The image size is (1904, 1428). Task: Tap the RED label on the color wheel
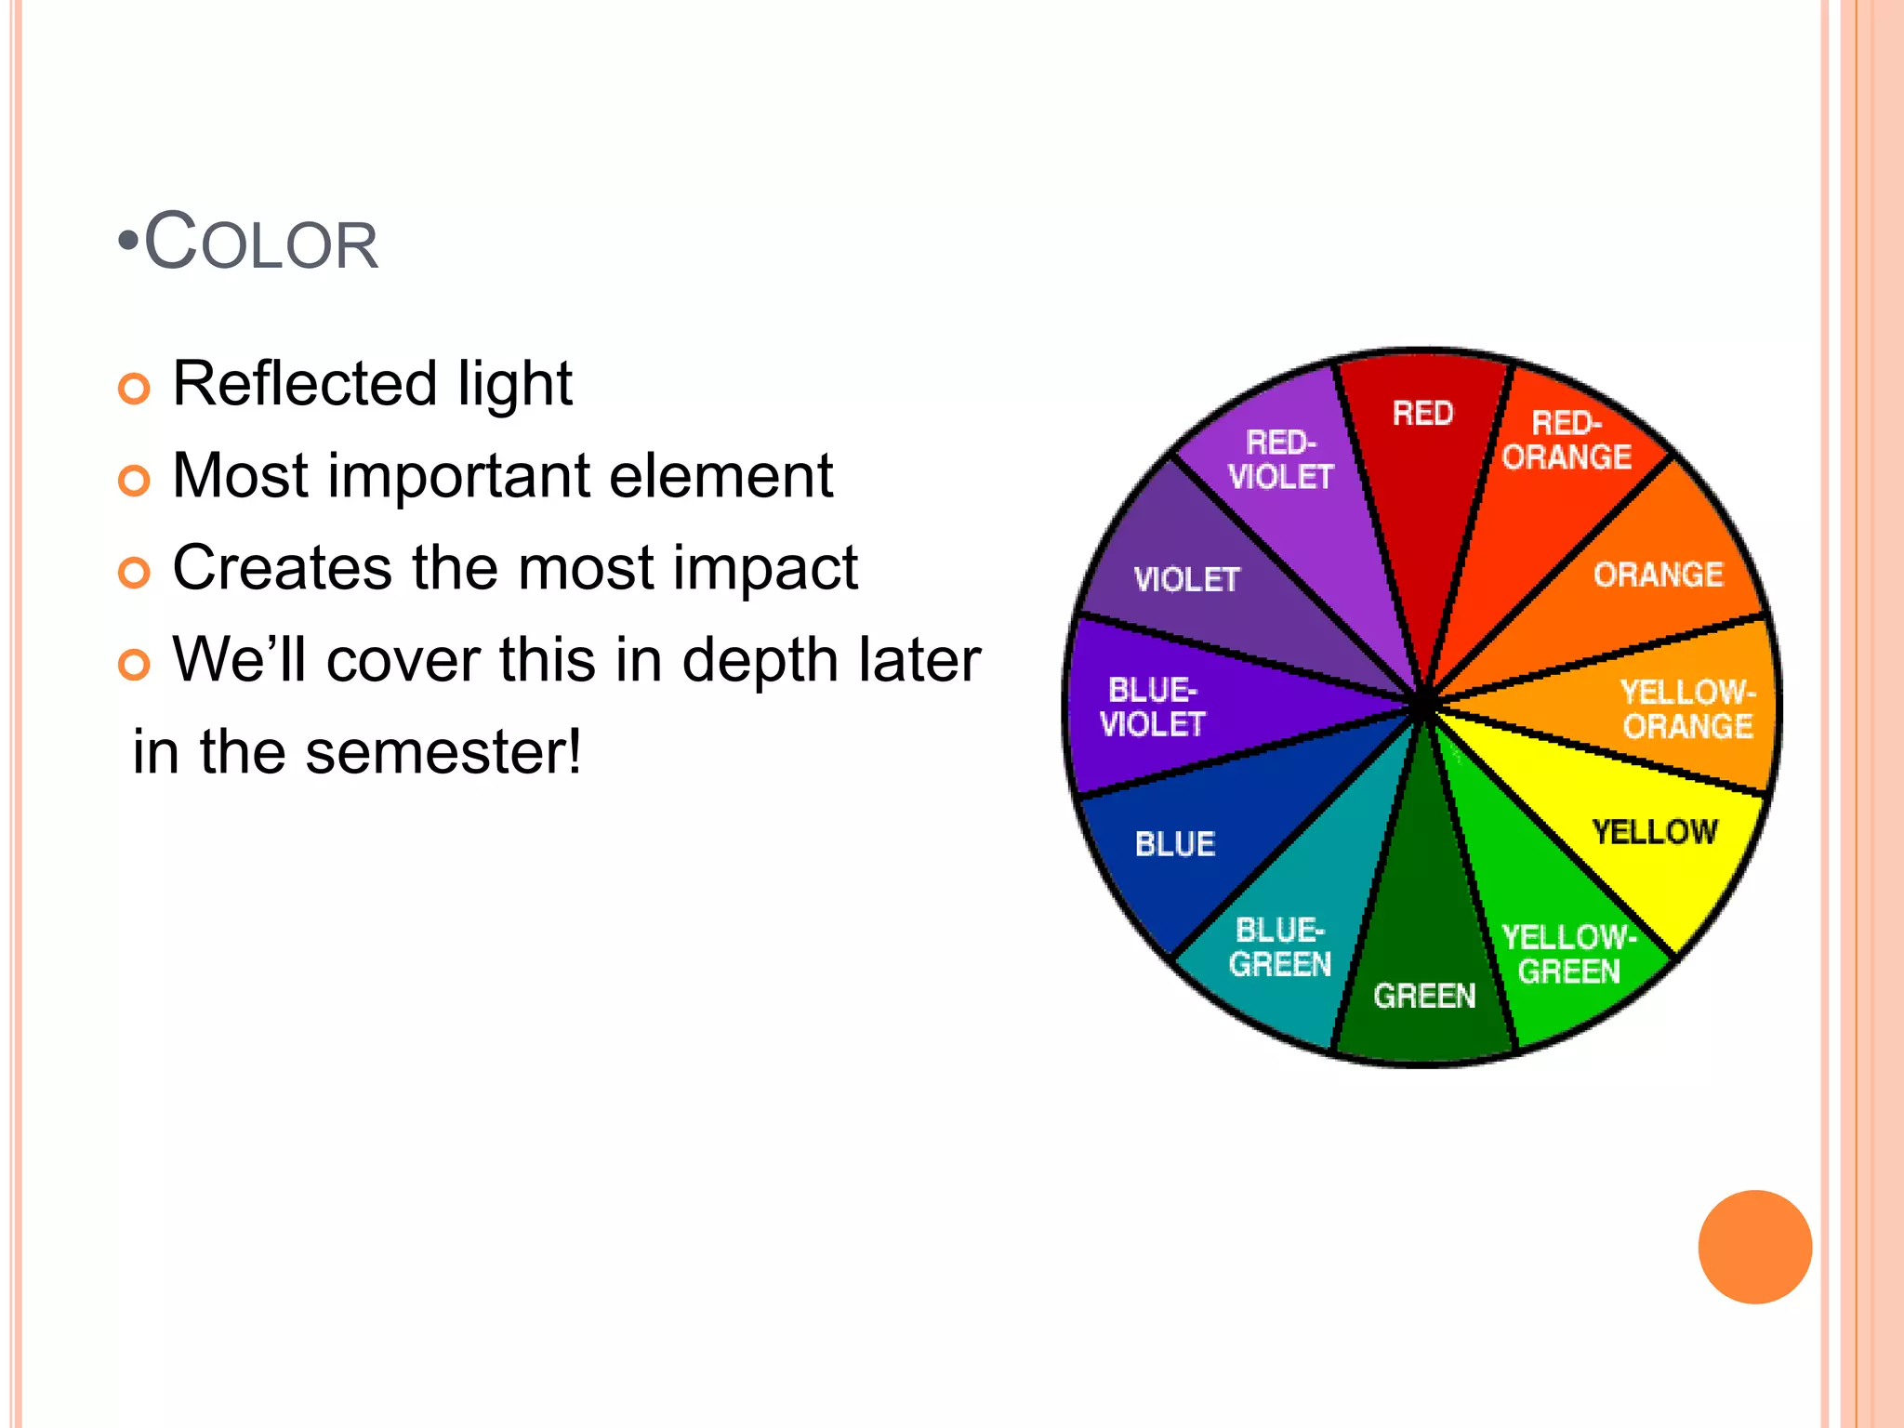coord(1422,413)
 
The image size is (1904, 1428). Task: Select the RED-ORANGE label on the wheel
coord(1567,441)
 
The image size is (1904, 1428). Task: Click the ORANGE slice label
coord(1659,575)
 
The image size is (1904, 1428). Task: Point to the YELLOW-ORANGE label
coord(1687,708)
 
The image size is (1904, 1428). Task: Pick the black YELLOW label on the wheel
coord(1655,831)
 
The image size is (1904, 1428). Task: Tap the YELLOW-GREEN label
coord(1569,954)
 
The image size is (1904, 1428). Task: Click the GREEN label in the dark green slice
coord(1424,996)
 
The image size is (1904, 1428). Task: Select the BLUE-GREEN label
coord(1280,947)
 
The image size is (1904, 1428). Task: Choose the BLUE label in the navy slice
coord(1175,843)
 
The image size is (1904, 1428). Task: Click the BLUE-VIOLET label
coord(1153,707)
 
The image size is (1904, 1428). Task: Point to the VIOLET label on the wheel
coord(1187,580)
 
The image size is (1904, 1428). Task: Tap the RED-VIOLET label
coord(1281,459)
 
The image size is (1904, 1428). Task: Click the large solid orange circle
coord(1754,1247)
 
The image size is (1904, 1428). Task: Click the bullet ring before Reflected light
coord(134,389)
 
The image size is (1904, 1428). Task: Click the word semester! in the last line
coord(443,751)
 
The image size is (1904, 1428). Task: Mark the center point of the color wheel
coord(1422,707)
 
